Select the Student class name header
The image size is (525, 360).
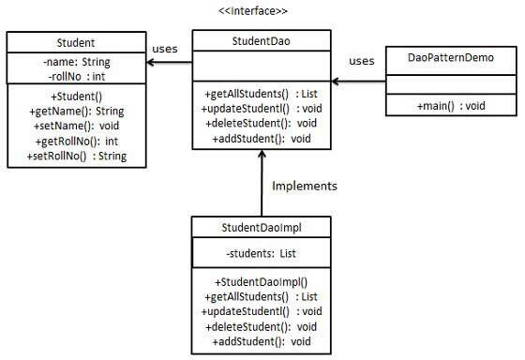75,42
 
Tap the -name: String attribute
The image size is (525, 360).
75,62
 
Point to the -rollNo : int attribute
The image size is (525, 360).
75,76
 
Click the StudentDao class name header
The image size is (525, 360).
262,41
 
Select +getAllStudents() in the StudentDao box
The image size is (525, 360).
262,94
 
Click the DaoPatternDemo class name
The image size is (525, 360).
452,58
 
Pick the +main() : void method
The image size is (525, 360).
452,107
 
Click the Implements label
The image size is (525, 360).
305,186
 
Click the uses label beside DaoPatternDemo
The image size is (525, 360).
361,61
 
